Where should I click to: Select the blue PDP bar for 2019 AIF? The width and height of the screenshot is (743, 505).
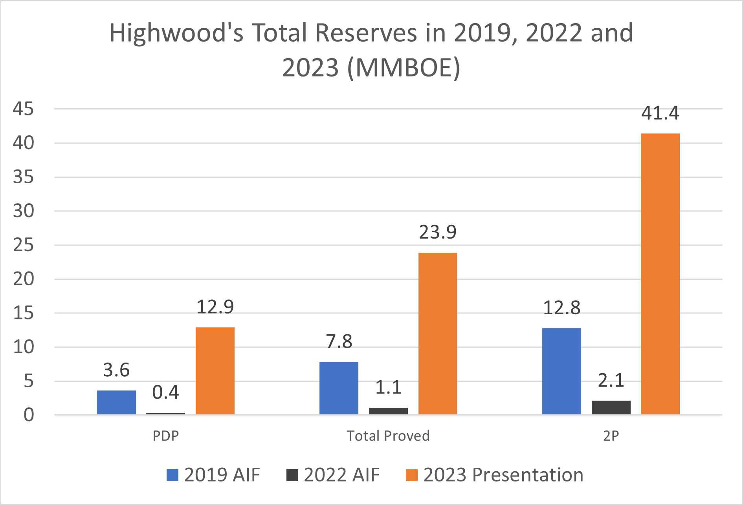(x=116, y=402)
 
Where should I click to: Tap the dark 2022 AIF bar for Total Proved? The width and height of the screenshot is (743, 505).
(x=388, y=411)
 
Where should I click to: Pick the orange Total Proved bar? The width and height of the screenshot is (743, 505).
(x=438, y=334)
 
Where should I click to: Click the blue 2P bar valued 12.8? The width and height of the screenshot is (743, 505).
(x=561, y=371)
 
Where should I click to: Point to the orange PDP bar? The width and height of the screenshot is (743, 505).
(x=215, y=371)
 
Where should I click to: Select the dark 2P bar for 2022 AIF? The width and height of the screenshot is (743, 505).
(x=611, y=407)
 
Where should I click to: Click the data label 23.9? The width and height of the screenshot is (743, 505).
(x=438, y=232)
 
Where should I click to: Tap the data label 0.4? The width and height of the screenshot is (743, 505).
(x=165, y=392)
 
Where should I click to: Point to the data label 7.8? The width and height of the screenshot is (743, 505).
(x=339, y=341)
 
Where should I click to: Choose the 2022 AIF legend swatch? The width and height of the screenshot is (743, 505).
(x=292, y=475)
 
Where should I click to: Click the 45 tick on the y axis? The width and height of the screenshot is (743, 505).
(x=23, y=109)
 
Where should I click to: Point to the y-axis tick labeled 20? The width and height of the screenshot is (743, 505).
(x=23, y=279)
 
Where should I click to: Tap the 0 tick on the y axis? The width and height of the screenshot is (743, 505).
(x=29, y=415)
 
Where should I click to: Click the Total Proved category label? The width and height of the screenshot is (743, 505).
(x=388, y=436)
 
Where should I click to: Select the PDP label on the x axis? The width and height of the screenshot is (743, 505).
(x=165, y=436)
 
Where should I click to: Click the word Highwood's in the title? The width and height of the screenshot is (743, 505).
(x=176, y=33)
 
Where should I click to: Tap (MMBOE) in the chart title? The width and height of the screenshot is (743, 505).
(x=404, y=67)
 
